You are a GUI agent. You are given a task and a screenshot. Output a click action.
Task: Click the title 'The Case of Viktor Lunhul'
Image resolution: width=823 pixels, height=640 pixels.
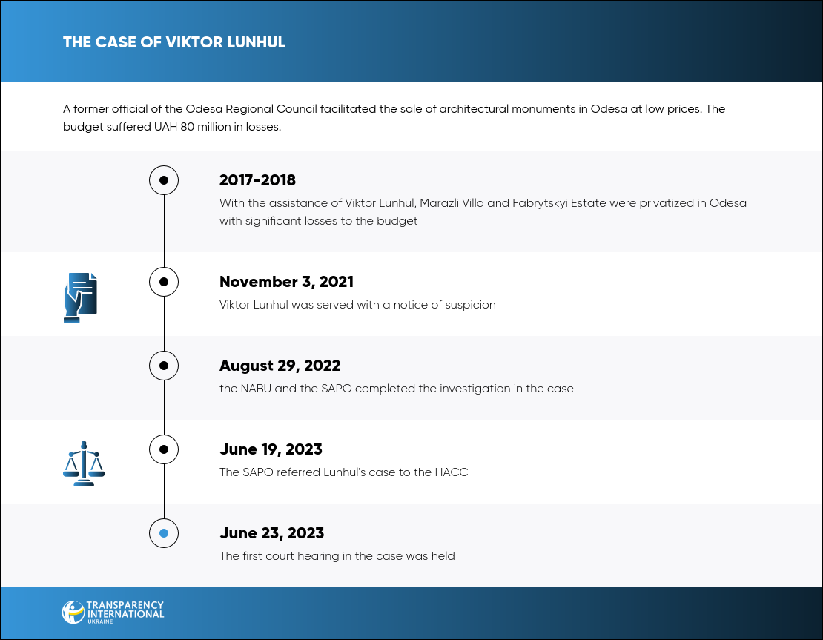(x=174, y=42)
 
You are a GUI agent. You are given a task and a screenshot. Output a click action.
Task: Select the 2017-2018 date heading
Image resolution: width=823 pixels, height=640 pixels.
(x=257, y=180)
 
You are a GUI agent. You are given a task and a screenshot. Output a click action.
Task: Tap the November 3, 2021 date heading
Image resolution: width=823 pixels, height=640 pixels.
(x=287, y=282)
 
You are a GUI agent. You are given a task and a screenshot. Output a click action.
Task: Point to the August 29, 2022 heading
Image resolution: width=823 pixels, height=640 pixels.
(x=280, y=366)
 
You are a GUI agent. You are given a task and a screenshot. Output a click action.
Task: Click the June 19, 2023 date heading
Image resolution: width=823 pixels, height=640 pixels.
(x=271, y=449)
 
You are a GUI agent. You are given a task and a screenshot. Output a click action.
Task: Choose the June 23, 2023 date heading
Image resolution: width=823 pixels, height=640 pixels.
(x=272, y=533)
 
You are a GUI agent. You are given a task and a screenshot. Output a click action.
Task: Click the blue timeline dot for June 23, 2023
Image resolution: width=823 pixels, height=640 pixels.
(x=164, y=533)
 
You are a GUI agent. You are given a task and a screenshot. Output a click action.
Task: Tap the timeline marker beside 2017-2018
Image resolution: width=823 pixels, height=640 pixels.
(x=164, y=180)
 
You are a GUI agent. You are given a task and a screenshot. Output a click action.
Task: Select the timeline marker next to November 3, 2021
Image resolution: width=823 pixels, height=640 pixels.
(x=164, y=282)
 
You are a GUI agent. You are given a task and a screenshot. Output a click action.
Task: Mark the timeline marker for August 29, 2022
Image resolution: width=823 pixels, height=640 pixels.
(x=164, y=366)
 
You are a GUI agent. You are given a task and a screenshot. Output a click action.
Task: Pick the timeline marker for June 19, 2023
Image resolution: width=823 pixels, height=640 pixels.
(x=164, y=449)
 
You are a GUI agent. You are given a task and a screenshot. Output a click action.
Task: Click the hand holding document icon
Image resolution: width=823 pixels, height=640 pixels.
(x=80, y=297)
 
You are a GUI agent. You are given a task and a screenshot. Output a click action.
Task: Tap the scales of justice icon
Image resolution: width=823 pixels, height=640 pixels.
(x=84, y=463)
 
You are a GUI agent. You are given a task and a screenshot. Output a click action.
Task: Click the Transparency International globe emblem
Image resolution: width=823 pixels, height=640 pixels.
(x=73, y=612)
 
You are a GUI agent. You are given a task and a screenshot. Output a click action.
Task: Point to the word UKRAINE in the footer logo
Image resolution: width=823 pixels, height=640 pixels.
(x=100, y=621)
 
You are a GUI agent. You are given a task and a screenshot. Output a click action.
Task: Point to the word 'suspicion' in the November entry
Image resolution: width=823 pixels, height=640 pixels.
(x=470, y=305)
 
